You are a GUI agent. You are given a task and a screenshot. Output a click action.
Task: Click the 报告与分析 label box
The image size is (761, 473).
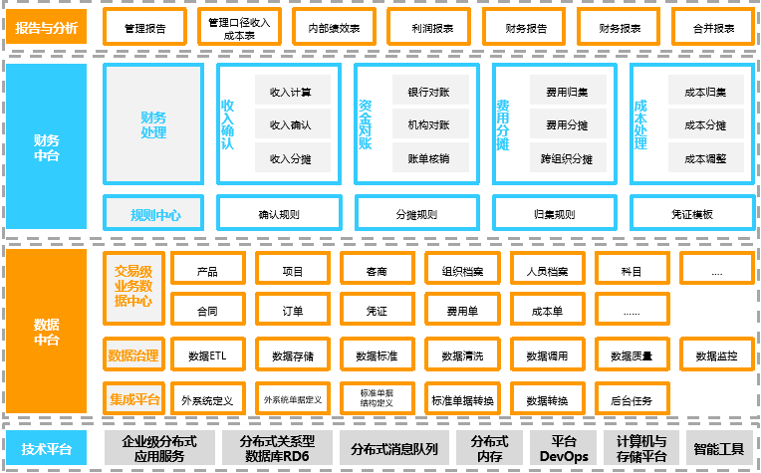coord(46,27)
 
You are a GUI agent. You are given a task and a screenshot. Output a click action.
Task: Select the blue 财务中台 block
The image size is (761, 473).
coord(46,147)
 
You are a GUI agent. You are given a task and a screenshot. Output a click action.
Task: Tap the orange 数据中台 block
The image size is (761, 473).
coord(46,332)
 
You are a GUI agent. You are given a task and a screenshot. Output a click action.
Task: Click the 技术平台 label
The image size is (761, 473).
coord(46,449)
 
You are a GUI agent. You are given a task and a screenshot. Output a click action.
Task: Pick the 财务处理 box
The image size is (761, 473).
coord(153,124)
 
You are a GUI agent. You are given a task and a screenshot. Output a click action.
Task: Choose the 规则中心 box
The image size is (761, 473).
coord(153,213)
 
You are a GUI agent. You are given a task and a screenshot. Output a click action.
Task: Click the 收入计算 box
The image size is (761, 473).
coord(292,93)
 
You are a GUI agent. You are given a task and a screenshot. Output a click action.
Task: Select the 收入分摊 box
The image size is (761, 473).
coord(292,158)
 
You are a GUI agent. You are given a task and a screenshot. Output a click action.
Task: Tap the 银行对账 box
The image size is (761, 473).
coord(429,93)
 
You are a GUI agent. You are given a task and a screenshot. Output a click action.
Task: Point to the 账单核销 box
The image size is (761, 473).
coord(429,158)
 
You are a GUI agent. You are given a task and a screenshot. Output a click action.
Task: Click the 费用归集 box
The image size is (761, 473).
coord(567,93)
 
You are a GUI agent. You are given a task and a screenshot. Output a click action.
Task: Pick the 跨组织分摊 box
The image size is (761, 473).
coord(567,158)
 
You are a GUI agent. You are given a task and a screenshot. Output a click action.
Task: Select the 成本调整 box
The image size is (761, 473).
coord(705,158)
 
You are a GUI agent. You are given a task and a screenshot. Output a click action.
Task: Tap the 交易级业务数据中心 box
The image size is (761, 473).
coord(133,287)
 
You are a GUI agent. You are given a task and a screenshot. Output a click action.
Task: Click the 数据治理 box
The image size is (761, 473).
coord(133,354)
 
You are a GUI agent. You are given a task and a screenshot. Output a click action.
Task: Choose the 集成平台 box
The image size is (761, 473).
coord(133,399)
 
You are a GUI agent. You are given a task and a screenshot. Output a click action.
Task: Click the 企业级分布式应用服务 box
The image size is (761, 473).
coord(159,449)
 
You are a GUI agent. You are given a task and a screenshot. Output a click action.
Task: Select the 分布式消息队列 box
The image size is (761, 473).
coord(394,449)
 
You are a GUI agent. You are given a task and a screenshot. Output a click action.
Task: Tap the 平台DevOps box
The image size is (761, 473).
coord(564,449)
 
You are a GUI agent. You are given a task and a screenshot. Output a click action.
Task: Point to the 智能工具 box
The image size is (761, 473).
coord(719,449)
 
